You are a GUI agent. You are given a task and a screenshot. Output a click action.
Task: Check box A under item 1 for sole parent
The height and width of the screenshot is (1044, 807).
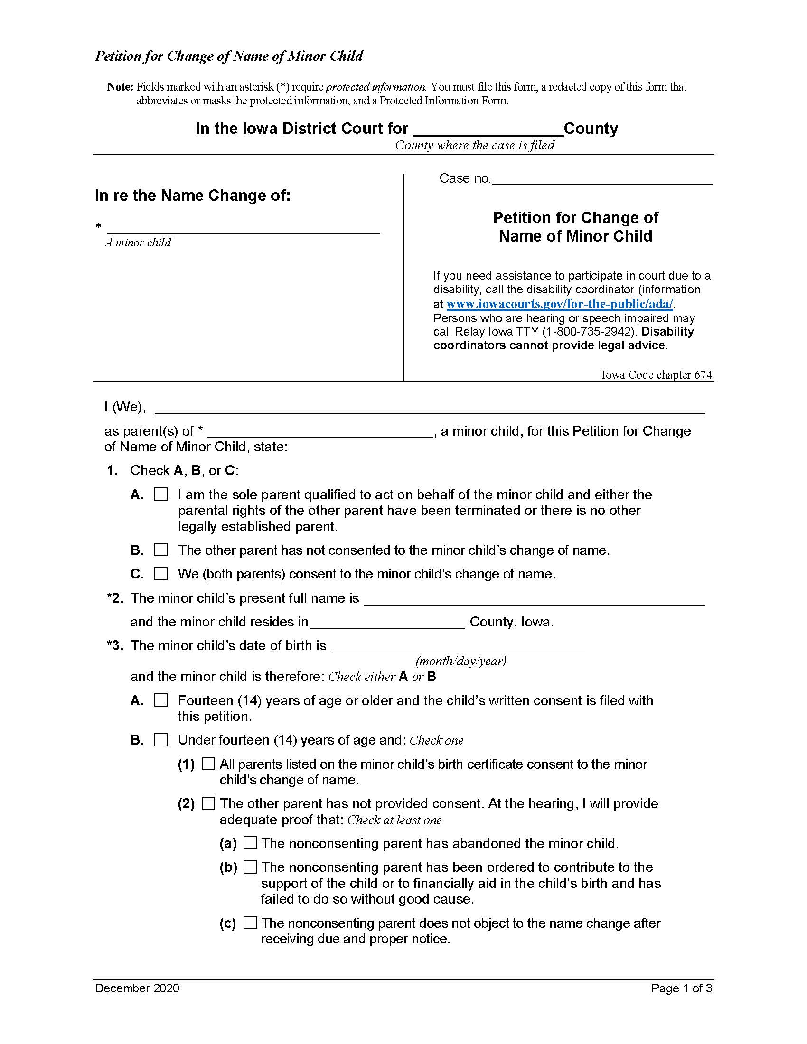click(x=161, y=494)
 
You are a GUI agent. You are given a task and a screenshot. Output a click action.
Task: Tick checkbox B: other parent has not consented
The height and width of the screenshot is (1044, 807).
click(x=161, y=550)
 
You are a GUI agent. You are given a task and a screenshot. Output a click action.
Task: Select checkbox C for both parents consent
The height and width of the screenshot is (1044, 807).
click(x=161, y=574)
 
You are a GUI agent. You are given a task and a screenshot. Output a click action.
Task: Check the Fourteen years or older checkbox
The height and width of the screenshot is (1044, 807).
click(x=161, y=700)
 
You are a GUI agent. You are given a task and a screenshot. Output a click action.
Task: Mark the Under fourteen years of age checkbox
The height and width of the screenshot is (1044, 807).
click(x=161, y=740)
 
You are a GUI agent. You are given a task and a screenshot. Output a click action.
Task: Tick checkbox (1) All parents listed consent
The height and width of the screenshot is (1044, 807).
click(x=208, y=764)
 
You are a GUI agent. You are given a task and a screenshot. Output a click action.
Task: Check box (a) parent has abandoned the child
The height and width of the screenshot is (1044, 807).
click(x=250, y=843)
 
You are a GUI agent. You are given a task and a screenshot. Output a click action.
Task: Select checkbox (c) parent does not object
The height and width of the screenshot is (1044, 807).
click(x=250, y=923)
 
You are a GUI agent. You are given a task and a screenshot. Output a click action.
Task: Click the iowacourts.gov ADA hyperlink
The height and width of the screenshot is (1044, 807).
click(x=559, y=304)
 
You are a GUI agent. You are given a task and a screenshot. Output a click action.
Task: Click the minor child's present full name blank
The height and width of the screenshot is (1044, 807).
click(x=534, y=599)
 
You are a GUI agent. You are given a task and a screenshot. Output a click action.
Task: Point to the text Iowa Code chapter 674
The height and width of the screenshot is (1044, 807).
click(x=657, y=374)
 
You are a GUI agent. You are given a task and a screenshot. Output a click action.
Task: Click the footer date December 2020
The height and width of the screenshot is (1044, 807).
click(x=137, y=988)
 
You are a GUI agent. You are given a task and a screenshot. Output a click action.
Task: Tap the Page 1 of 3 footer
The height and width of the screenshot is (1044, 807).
click(x=681, y=988)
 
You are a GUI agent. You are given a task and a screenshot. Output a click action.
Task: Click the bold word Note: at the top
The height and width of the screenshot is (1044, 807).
click(x=120, y=87)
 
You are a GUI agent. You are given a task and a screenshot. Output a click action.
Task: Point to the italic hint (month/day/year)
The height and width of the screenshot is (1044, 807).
click(x=461, y=661)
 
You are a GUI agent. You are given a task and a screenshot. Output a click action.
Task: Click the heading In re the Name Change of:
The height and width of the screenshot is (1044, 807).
click(x=193, y=196)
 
